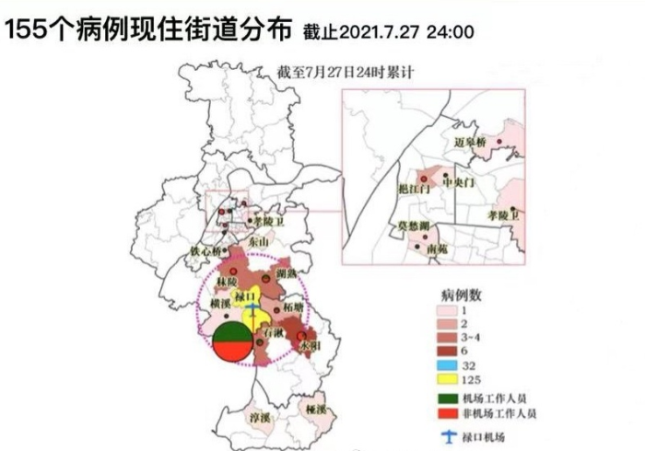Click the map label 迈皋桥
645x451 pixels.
point(472,143)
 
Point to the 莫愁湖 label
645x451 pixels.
point(414,225)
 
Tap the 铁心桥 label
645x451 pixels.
point(206,250)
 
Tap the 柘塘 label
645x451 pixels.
point(296,309)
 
